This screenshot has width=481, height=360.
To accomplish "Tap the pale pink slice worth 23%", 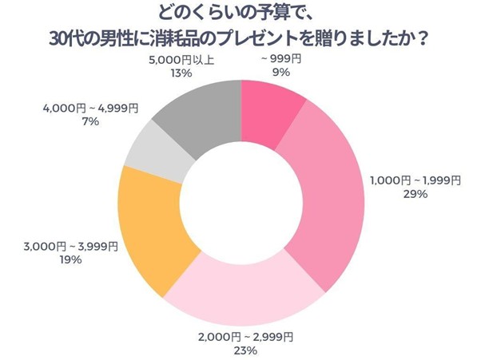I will click(240, 291).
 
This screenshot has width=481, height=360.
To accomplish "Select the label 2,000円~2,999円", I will click(244, 336).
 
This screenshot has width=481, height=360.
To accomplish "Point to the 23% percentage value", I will click(244, 350).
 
